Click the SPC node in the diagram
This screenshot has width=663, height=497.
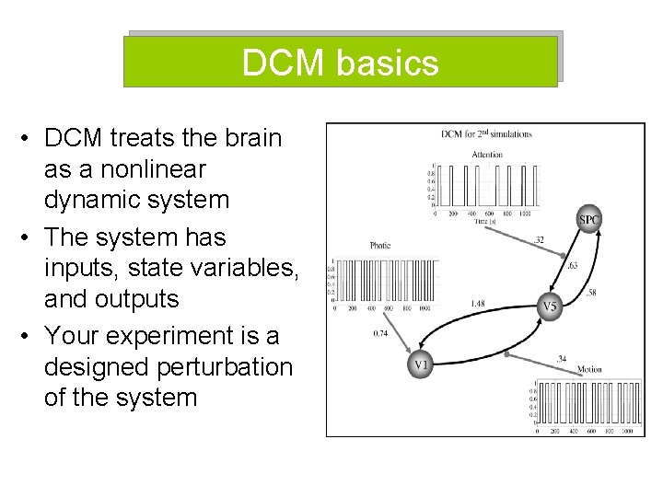pos(589,219)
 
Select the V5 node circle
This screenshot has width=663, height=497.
pos(550,306)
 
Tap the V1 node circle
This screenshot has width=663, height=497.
pos(421,364)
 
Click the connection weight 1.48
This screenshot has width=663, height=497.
pos(478,303)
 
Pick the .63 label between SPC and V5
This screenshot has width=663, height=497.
pos(572,266)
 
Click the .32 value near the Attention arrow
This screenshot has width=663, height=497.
pos(540,241)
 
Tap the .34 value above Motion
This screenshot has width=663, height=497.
pos(561,358)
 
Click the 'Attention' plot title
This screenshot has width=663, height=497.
pos(486,155)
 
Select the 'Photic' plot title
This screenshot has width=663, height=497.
pos(380,246)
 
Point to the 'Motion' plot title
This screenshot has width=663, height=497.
pos(589,370)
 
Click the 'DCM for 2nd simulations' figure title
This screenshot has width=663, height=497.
pos(486,134)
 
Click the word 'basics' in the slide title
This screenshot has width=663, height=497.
pos(388,63)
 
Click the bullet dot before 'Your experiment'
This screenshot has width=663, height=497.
pos(29,335)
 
